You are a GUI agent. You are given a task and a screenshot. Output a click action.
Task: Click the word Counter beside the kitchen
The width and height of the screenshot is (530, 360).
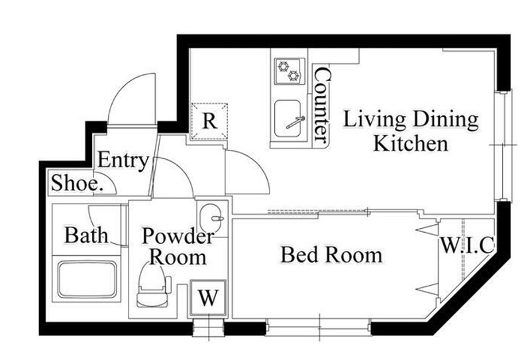point(321,105)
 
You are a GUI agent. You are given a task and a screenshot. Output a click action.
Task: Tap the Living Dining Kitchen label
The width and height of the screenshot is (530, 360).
point(411,131)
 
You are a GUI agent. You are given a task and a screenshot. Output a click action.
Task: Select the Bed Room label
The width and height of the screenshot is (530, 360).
point(332,255)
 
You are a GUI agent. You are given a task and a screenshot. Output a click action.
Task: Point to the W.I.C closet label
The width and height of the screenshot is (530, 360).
point(467,245)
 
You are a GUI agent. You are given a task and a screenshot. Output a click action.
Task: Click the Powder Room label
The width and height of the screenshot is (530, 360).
point(178,247)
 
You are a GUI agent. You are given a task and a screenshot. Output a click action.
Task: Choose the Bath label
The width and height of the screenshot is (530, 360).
point(87,235)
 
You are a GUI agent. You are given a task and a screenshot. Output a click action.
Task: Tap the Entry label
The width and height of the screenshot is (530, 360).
point(123,160)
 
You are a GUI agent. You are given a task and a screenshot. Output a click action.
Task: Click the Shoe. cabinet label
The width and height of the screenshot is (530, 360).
point(77,183)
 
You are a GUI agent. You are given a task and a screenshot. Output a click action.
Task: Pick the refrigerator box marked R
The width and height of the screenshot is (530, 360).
point(209,121)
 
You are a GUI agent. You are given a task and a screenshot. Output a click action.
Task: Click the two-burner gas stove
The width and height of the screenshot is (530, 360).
point(290,71)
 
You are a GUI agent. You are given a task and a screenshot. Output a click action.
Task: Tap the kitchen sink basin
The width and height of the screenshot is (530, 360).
point(288,119)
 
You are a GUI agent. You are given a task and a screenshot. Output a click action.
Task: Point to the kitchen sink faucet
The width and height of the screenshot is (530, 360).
point(295,122)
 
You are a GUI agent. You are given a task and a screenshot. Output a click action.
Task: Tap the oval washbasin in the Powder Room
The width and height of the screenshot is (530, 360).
point(211,218)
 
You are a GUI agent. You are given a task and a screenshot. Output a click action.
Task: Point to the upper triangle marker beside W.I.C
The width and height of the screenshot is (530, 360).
point(427,230)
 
